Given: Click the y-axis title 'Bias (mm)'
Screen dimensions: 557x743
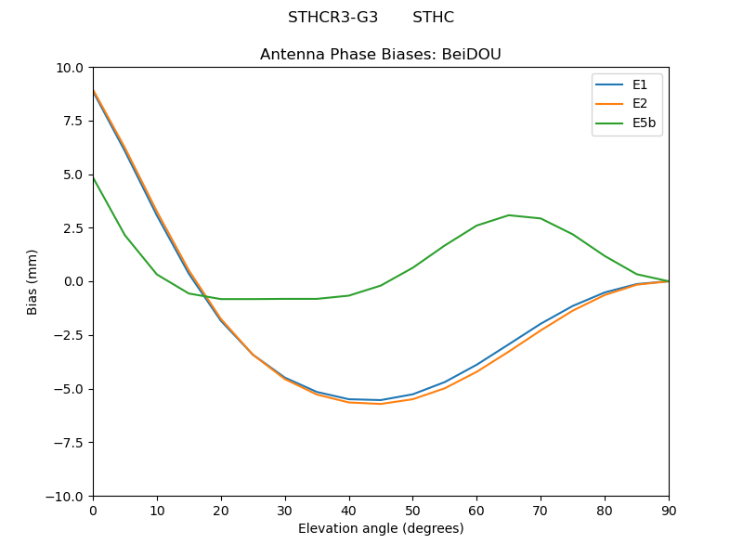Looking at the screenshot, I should click(33, 281).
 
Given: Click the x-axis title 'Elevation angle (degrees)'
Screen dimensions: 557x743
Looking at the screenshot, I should click(381, 529).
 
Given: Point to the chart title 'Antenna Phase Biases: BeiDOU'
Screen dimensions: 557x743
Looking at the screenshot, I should click(381, 55).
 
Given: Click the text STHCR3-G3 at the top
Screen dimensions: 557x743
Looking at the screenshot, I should click(332, 18).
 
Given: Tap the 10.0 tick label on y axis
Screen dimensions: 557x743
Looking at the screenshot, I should click(69, 68).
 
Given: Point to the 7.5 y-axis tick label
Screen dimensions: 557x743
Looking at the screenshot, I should click(72, 121).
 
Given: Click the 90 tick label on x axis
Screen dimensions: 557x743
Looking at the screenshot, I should click(669, 511).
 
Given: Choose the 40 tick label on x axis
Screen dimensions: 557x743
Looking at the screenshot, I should click(349, 511).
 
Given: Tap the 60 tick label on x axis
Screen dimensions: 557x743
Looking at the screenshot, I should click(476, 511).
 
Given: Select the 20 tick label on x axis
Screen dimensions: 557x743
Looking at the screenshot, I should click(221, 511).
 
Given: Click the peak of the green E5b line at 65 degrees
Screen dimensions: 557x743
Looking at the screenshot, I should click(509, 215).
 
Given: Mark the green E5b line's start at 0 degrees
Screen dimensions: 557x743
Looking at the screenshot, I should click(94, 177).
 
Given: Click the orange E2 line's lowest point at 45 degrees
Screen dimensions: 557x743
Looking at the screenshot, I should click(381, 404).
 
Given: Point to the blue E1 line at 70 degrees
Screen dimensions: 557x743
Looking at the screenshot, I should click(541, 324).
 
